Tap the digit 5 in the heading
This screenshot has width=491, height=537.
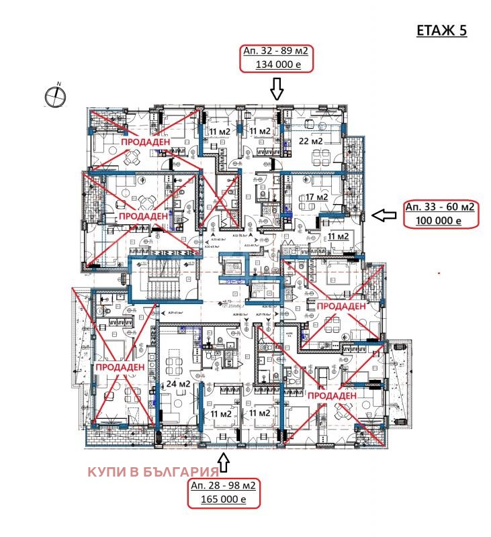[x=462, y=30]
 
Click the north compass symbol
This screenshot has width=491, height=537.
[x=56, y=97]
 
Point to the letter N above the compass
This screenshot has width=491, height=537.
[x=59, y=83]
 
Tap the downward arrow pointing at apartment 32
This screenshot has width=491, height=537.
[x=277, y=88]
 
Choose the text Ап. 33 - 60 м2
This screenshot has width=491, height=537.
[x=440, y=207]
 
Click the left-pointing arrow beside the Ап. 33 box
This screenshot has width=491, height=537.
[x=384, y=215]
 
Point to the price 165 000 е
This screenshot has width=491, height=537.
[x=224, y=499]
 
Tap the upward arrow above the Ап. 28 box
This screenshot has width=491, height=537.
[x=224, y=462]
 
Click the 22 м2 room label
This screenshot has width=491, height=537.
[x=311, y=142]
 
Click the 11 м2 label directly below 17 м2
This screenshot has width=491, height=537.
[x=338, y=236]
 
